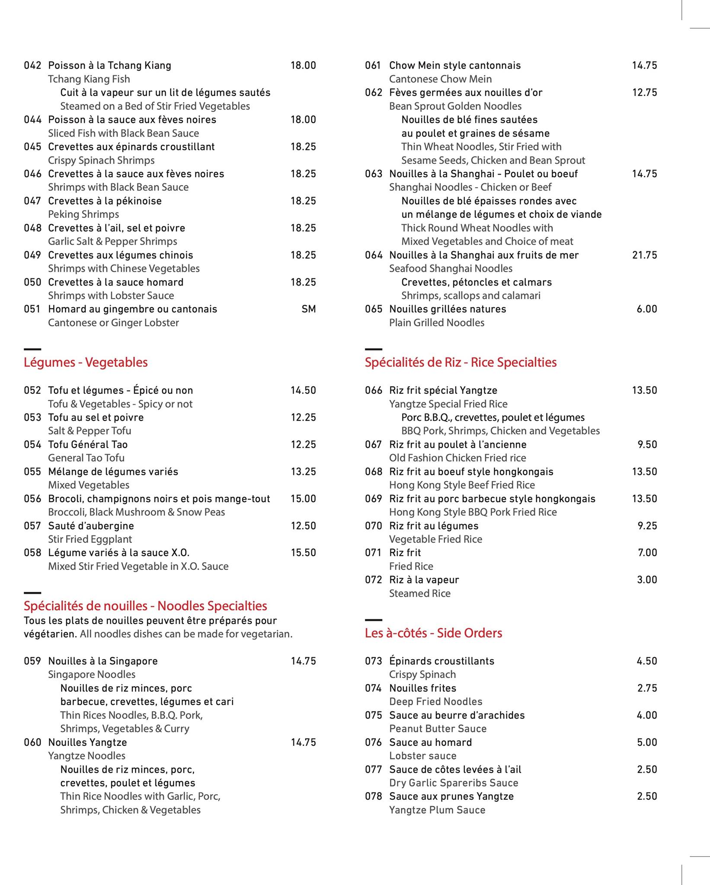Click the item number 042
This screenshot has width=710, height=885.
point(32,66)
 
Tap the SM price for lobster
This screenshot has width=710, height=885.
point(308,309)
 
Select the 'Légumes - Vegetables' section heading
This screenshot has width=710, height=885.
point(86,363)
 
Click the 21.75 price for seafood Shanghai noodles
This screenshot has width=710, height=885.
point(644,255)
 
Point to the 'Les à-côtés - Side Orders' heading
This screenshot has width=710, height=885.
point(433,633)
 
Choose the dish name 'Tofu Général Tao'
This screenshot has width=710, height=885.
point(88,445)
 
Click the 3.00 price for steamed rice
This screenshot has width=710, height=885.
point(647,580)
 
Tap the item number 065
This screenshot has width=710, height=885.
point(374,309)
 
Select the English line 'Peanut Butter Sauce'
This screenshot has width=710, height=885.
point(438,729)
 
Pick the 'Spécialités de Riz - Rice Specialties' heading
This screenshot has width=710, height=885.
point(461,363)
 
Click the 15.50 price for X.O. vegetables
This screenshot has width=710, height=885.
point(303,553)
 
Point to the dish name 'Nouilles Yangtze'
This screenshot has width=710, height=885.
point(87,742)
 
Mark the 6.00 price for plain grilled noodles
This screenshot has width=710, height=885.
point(647,309)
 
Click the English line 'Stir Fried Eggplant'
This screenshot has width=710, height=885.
point(90,539)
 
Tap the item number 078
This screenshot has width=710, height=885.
point(374,796)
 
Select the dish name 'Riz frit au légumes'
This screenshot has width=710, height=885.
point(434,526)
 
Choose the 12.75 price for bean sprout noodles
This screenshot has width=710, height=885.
point(644,93)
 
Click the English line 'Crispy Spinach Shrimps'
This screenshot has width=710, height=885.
point(101,160)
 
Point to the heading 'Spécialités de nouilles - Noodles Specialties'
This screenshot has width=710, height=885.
point(145,606)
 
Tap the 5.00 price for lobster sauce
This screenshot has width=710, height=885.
point(647,742)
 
